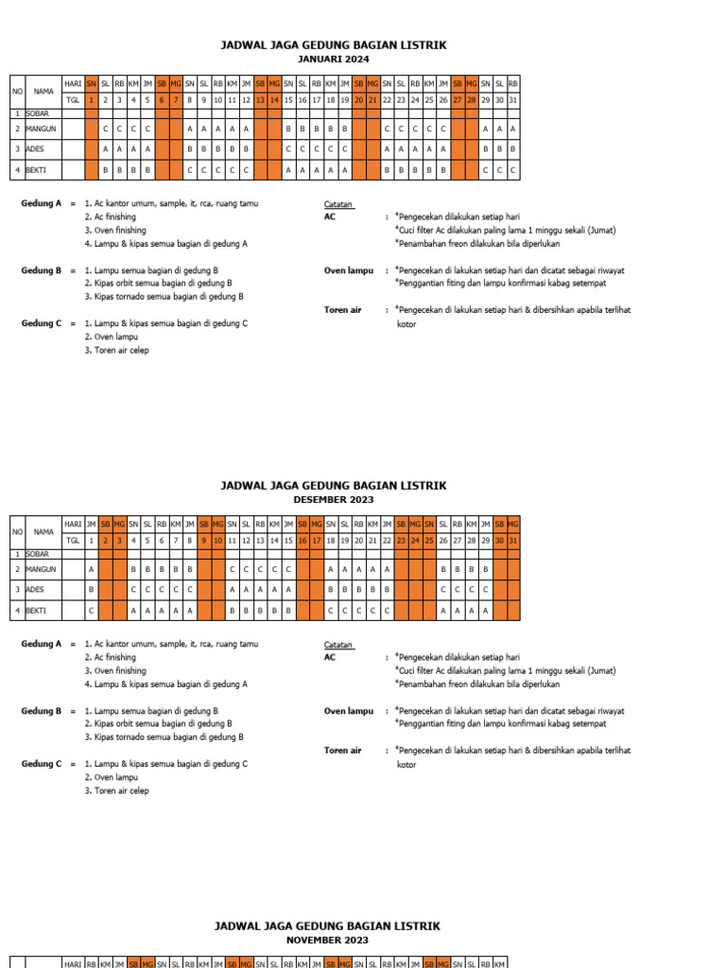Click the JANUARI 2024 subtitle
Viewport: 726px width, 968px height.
pos(333,59)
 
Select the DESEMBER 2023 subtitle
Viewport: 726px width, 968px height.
pos(333,499)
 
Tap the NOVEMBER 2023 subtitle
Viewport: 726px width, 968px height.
pos(327,941)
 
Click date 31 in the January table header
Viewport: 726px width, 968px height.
pos(512,99)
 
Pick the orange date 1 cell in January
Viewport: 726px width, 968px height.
pos(92,99)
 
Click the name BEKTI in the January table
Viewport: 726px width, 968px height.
pos(37,170)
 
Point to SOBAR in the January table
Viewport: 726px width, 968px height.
pos(37,112)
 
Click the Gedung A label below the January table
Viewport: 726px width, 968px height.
pos(42,203)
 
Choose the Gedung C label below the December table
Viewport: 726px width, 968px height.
pos(42,764)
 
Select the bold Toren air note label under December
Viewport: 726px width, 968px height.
pos(342,751)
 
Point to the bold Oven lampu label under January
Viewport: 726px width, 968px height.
pos(349,270)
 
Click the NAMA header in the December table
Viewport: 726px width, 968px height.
pos(43,532)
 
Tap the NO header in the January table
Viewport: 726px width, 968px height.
pos(17,91)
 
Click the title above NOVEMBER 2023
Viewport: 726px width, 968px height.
pos(327,926)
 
